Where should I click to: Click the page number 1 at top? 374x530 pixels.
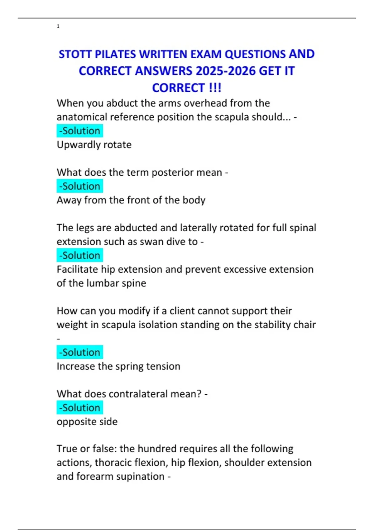pos(58,26)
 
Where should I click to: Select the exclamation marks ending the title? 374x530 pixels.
pos(215,88)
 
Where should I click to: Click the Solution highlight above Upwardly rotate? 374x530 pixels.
pos(80,131)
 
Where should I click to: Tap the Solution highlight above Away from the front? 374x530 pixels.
pos(80,186)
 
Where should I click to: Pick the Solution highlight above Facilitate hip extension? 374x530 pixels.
pos(80,255)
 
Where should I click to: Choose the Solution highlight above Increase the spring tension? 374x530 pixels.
pos(80,352)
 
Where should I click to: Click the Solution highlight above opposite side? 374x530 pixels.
pos(80,408)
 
